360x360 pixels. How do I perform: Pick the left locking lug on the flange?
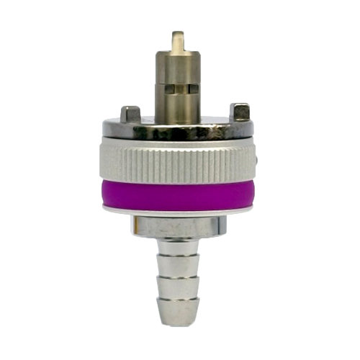(130, 114)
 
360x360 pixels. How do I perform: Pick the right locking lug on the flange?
(240, 112)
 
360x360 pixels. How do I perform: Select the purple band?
(180, 194)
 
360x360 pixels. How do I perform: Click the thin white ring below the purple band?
(180, 212)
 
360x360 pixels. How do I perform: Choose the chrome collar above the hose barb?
(180, 226)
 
